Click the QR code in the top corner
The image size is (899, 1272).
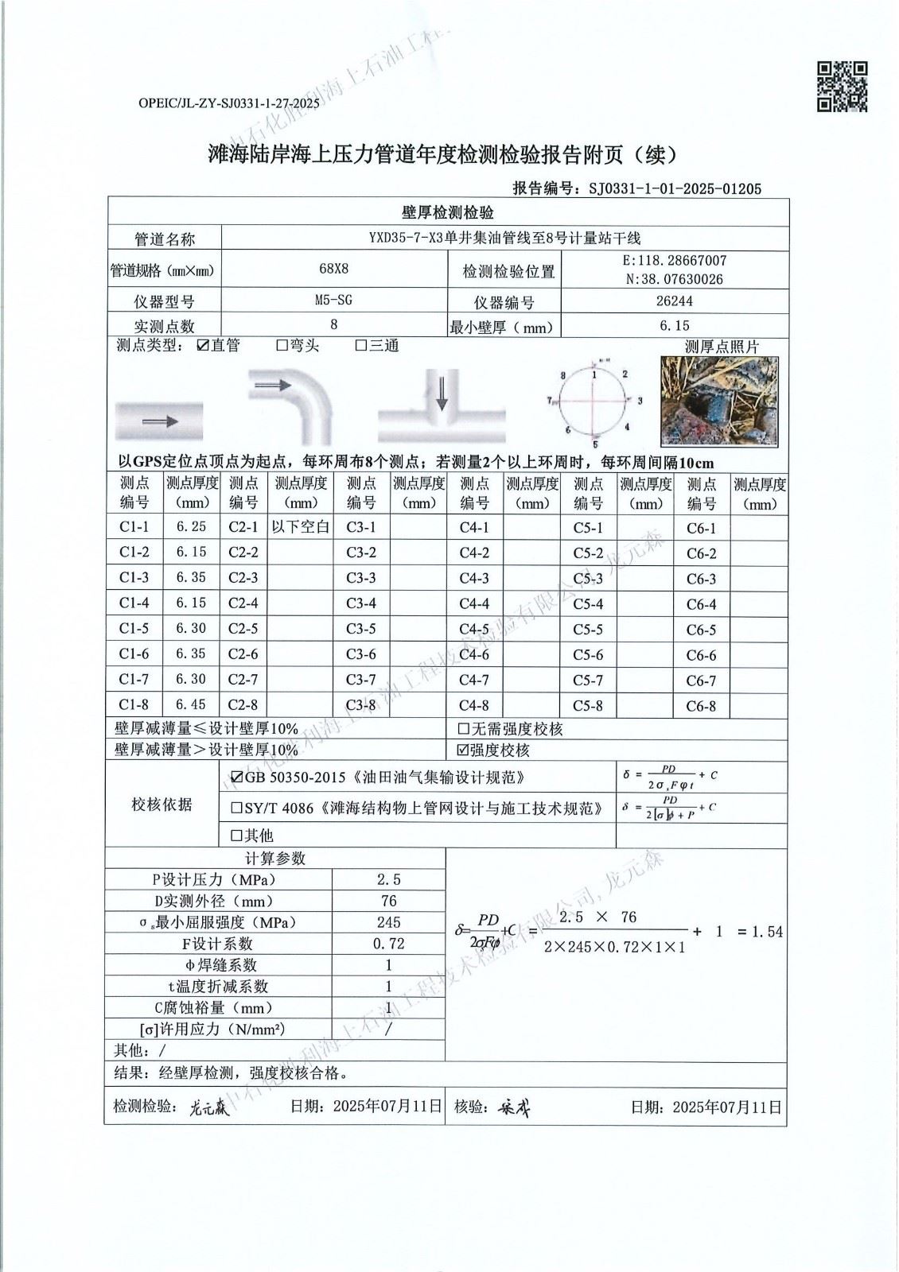[843, 86]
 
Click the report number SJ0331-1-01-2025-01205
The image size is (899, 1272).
[675, 188]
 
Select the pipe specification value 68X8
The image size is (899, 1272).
[333, 269]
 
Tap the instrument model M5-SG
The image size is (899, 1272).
[333, 300]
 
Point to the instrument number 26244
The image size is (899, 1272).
[674, 301]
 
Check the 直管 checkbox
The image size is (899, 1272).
[203, 346]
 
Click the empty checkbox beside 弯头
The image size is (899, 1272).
[282, 346]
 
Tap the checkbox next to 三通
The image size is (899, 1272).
[360, 346]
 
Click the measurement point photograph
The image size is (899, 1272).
[718, 401]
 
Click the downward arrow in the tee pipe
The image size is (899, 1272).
[441, 393]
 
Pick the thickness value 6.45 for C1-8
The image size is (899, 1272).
[191, 704]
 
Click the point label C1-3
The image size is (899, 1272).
[134, 577]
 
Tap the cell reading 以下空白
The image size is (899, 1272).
[300, 526]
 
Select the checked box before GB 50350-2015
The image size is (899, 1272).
[237, 777]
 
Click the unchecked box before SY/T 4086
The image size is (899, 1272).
[236, 809]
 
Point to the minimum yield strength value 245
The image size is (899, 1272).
[388, 922]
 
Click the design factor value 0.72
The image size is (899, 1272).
[388, 944]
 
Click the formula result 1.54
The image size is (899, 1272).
[767, 932]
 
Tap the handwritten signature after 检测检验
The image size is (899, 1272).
[209, 1107]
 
